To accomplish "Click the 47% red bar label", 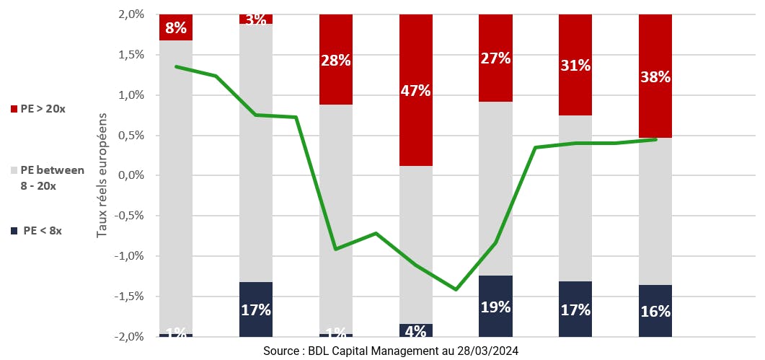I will pos(416,91).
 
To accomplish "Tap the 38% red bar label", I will pos(655,76).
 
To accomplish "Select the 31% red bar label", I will pos(575,66).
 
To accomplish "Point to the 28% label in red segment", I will pos(336,61).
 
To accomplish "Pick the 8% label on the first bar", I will pos(176,29).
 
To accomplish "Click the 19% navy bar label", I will pos(495,307).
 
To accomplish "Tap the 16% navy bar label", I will pos(655,312).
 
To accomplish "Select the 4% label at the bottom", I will pos(416,331).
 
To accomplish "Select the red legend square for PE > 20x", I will pos(14,109).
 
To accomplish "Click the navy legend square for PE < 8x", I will pos(14,231).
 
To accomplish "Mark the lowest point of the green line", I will pos(456,289).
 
